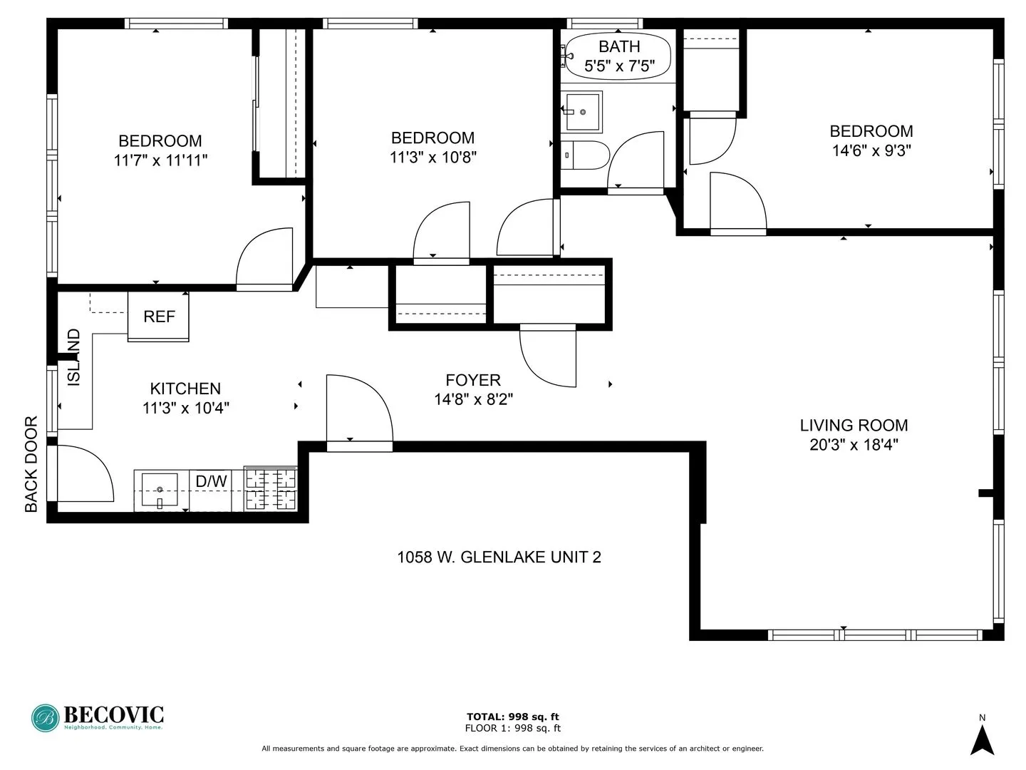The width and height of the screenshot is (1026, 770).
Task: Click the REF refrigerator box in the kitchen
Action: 159,317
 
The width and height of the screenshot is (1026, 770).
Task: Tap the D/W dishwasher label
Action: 211,482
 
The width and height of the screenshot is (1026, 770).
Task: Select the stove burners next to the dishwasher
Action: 271,488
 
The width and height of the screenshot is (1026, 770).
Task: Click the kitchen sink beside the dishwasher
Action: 160,491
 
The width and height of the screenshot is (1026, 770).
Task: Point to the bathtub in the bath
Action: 618,56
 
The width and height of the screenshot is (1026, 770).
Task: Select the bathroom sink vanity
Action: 583,111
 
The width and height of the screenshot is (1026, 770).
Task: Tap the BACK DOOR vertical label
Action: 31,465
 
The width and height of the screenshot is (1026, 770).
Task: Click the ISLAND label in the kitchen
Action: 73,358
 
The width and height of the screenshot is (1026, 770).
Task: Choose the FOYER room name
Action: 473,380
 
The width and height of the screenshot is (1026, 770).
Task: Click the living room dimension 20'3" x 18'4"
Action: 854,445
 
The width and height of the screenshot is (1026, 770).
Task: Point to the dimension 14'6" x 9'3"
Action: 871,150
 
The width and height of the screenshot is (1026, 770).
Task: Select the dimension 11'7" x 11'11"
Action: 160,160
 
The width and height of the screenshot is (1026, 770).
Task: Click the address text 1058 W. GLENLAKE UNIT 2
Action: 499,557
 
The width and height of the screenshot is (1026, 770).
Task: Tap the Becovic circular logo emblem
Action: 45,718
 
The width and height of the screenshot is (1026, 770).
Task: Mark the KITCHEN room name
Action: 185,389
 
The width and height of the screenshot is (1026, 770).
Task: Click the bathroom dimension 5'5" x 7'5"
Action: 619,67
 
